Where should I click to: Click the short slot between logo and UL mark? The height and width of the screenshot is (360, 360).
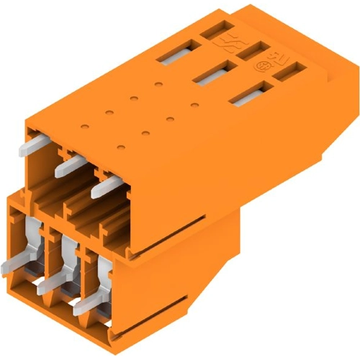click(x=253, y=50)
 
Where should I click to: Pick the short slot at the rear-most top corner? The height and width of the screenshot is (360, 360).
click(x=217, y=30)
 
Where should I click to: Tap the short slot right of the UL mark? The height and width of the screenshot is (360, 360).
click(x=293, y=70)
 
